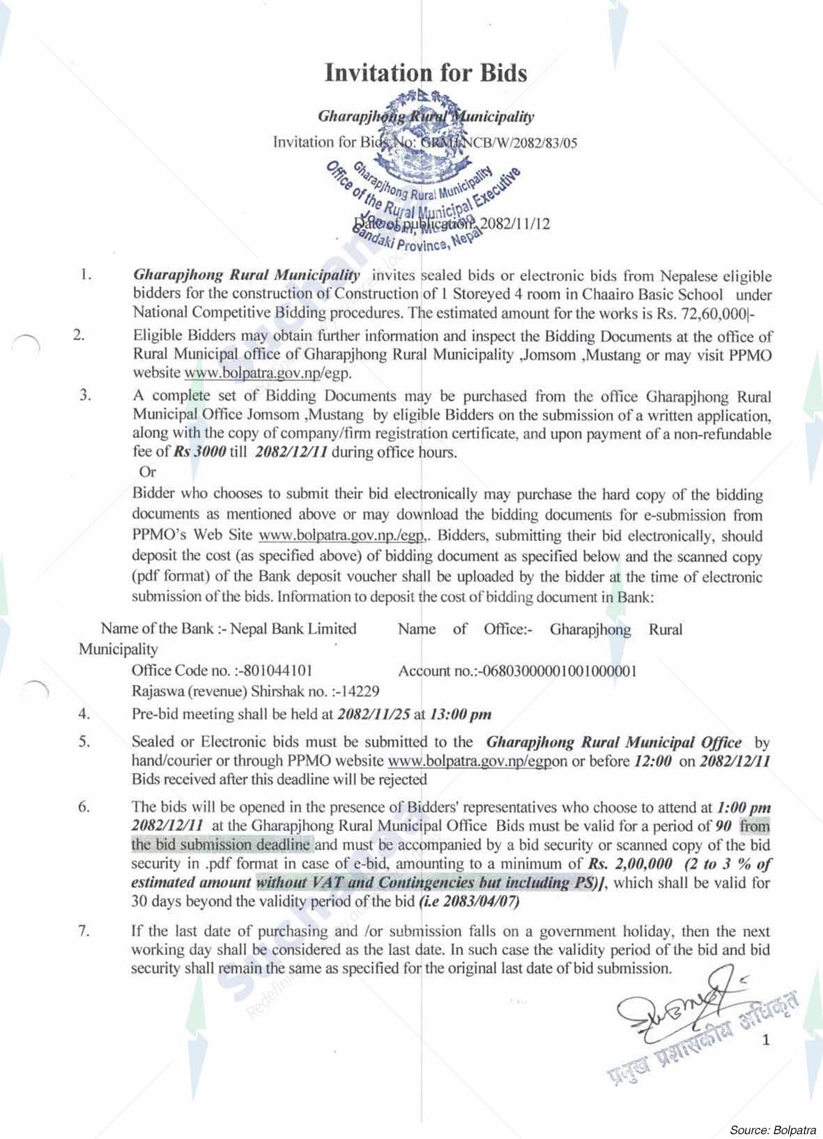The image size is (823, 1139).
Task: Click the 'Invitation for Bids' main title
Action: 426,73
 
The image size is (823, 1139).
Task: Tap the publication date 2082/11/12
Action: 515,224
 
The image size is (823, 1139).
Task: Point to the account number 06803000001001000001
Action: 555,671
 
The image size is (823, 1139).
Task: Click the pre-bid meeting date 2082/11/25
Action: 374,714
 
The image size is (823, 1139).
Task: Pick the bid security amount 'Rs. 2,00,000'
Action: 630,864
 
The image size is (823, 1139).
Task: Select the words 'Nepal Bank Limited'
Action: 293,629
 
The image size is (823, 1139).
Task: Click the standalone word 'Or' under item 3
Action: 148,472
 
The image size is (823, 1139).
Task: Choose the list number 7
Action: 84,931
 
